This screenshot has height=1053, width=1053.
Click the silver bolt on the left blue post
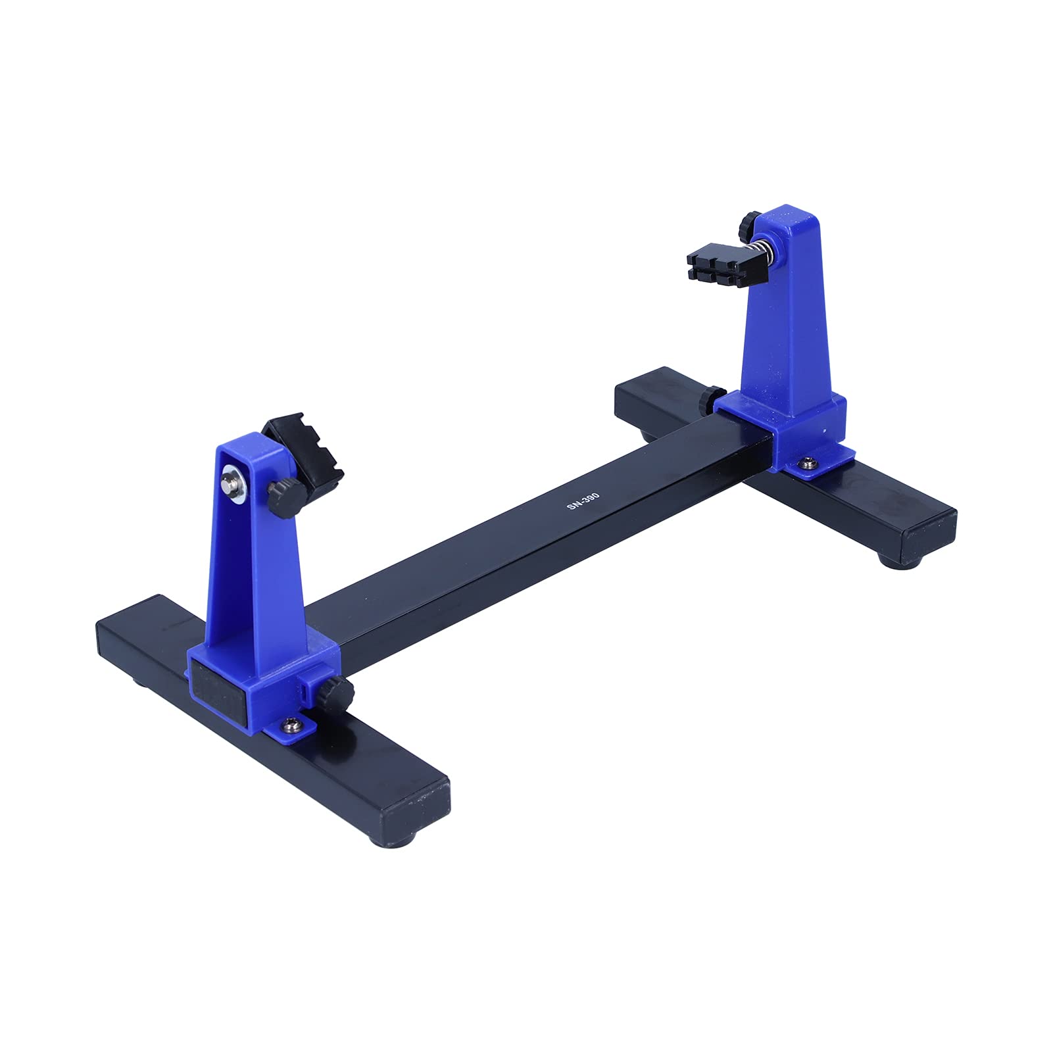(x=230, y=478)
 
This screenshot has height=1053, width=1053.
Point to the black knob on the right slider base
(x=708, y=397)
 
